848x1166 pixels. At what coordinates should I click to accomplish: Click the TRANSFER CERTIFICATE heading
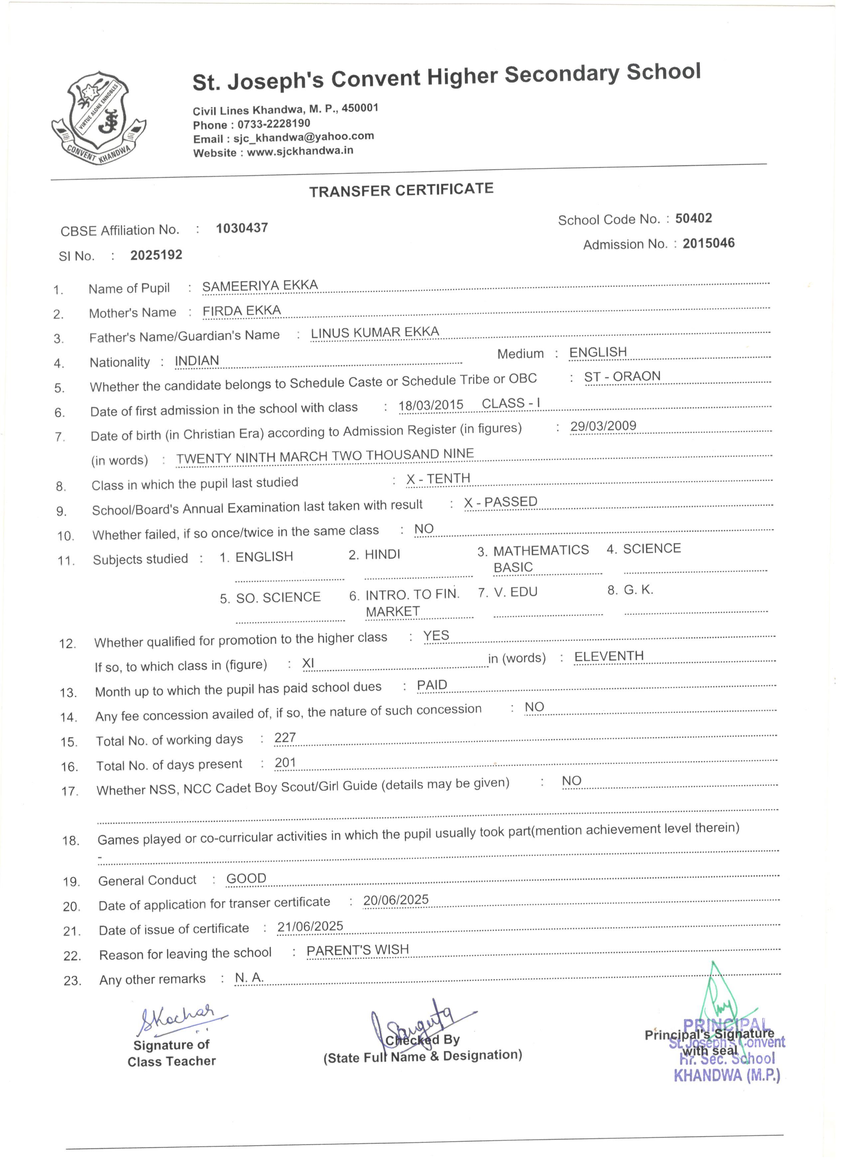(401, 190)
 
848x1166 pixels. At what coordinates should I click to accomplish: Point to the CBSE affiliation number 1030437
(242, 228)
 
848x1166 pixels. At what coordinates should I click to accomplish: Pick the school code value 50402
(693, 218)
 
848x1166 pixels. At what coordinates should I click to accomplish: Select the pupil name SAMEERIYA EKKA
(260, 286)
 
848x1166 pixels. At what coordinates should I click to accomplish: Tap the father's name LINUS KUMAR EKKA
(375, 332)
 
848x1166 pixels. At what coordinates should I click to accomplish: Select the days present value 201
(285, 762)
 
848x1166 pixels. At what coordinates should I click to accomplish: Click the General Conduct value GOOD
(246, 879)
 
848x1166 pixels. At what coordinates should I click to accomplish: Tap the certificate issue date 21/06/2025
(310, 926)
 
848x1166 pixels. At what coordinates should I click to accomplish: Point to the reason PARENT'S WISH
(358, 950)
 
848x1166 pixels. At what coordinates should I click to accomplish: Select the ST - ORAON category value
(622, 377)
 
